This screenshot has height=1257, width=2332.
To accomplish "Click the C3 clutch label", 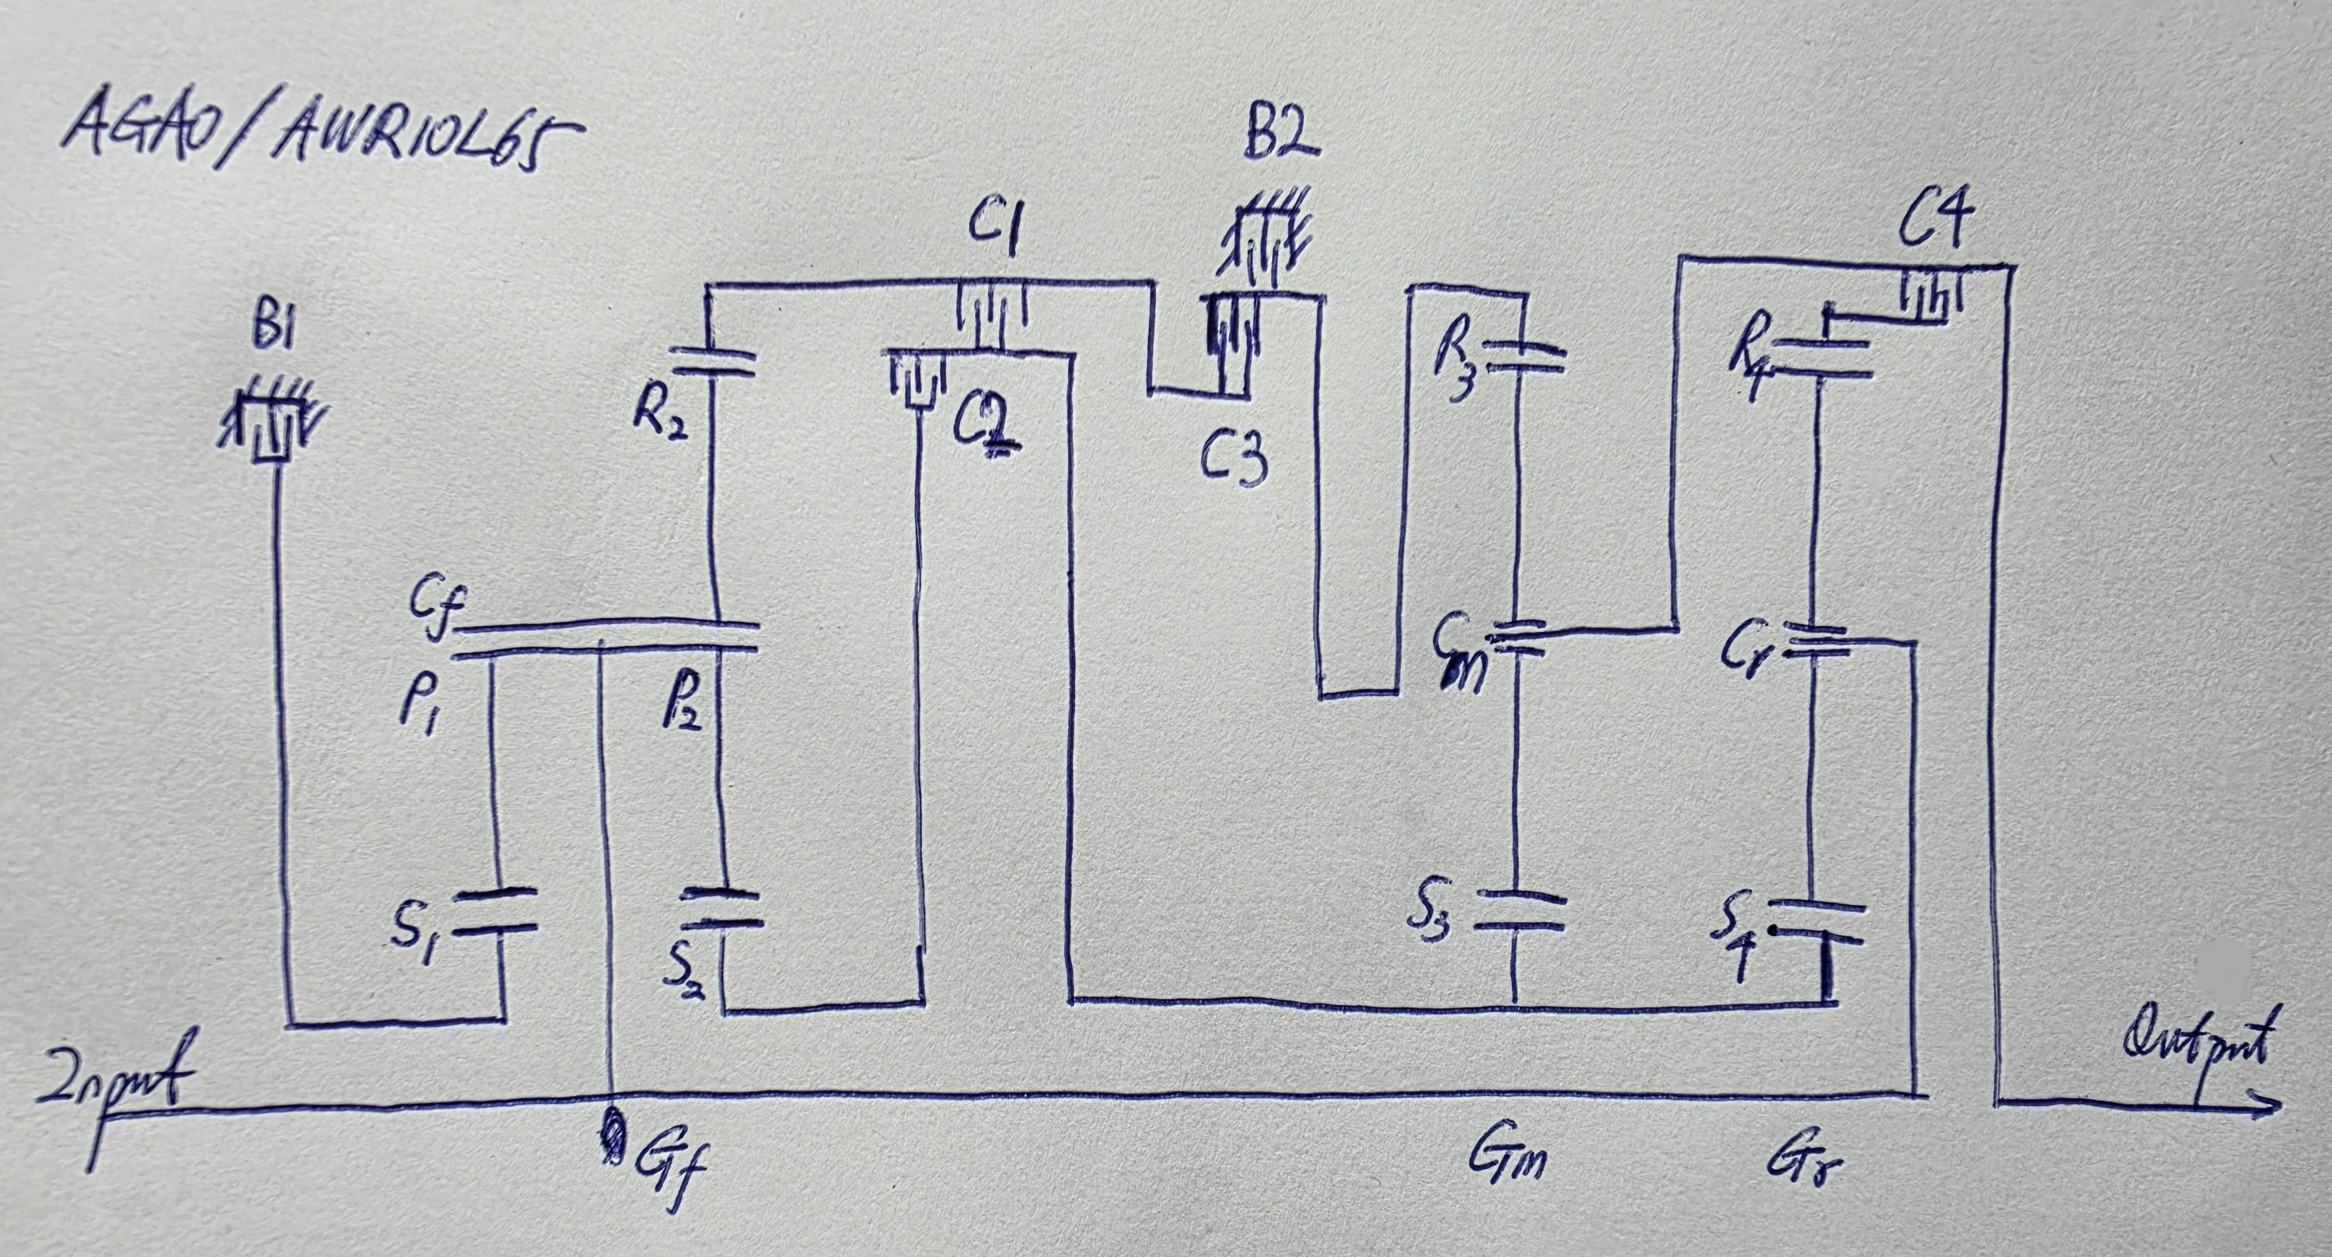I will point(1233,462).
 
